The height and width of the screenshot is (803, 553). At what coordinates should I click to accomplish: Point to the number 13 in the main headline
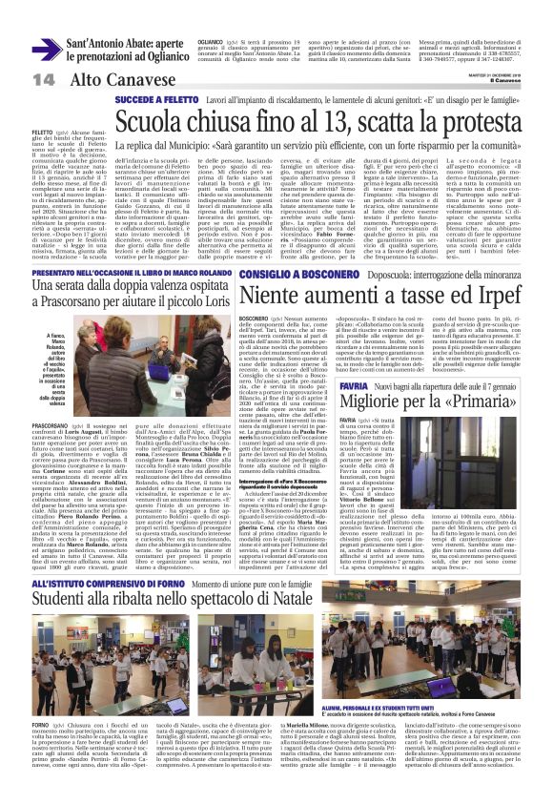pos(305,122)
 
